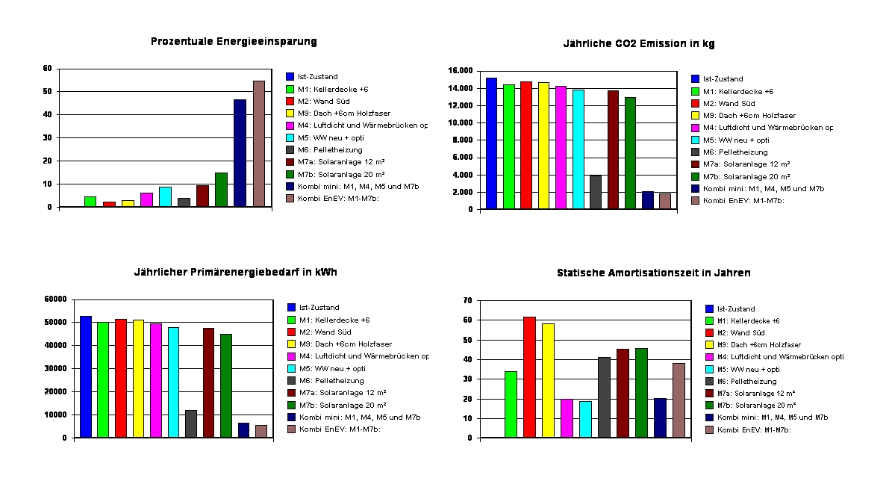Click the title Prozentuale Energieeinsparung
[234, 42]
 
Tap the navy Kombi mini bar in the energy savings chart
[240, 153]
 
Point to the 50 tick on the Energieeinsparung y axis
[47, 91]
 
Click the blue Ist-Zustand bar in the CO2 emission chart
[491, 143]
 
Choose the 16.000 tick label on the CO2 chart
[461, 71]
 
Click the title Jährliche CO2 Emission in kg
[638, 44]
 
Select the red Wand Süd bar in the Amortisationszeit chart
[529, 377]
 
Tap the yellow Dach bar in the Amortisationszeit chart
[548, 381]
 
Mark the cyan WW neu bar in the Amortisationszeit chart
[585, 419]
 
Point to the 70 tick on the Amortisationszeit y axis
[468, 300]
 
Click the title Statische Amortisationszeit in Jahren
[653, 273]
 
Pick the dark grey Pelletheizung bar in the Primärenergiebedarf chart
[191, 423]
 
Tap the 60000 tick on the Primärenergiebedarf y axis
[56, 299]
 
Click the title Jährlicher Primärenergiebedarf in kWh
[236, 272]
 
